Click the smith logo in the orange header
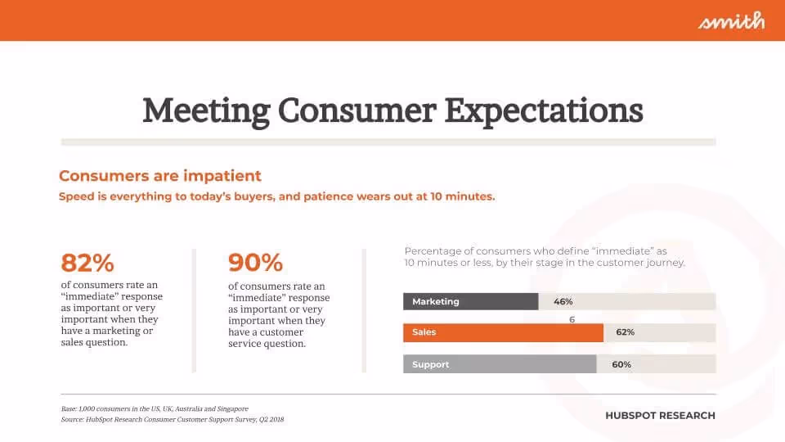coord(731,20)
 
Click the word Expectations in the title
coord(543,110)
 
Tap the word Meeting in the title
coord(205,110)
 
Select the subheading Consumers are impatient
coord(160,176)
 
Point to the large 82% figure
coord(87,263)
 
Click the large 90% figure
coord(255,263)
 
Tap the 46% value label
coord(563,301)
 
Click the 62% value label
coord(626,332)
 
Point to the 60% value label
coord(621,364)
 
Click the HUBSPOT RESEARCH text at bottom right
coord(660,416)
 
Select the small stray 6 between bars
coord(572,319)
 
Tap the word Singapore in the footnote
coord(231,408)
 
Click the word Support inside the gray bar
coord(430,364)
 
